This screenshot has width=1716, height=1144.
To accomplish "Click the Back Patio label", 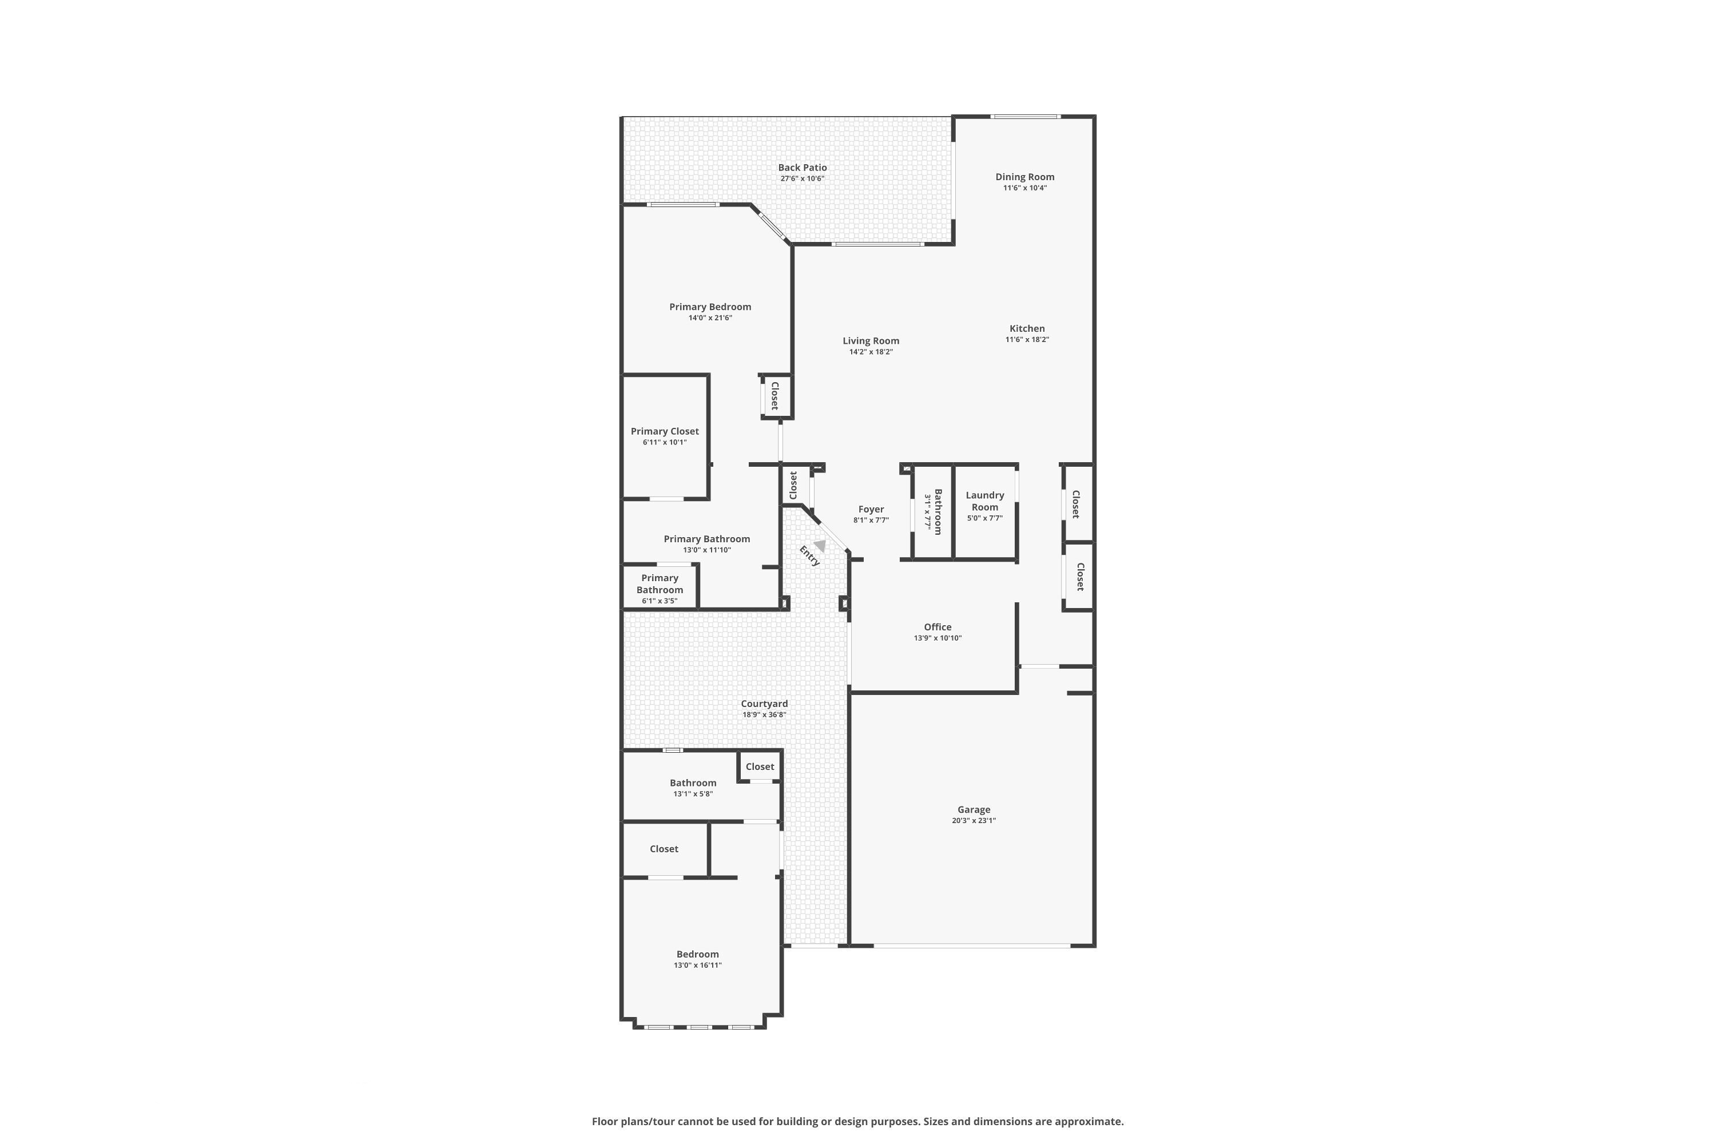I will [x=802, y=167].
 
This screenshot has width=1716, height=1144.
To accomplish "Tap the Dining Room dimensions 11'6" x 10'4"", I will [x=1024, y=188].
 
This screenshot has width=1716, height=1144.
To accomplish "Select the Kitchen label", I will [x=1027, y=328].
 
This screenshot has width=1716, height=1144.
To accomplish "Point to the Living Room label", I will [x=871, y=341].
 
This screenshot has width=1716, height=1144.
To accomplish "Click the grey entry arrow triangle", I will [x=820, y=545].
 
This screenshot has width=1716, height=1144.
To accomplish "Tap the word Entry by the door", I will [x=809, y=556].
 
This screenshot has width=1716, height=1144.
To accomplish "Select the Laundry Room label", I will [x=984, y=500].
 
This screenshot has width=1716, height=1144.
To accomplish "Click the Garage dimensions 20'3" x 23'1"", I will [x=974, y=820].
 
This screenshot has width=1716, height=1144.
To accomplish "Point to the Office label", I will [x=938, y=627].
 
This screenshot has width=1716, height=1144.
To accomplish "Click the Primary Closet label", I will [x=664, y=431].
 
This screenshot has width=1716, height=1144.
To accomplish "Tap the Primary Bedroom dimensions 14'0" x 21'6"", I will [x=710, y=318].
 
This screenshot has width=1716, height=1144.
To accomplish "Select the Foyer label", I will [x=871, y=509].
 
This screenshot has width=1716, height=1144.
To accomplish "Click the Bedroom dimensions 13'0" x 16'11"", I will [x=697, y=966].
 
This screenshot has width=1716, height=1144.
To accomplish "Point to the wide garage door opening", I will [x=971, y=946].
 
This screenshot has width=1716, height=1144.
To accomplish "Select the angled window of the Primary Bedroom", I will [x=771, y=225].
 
